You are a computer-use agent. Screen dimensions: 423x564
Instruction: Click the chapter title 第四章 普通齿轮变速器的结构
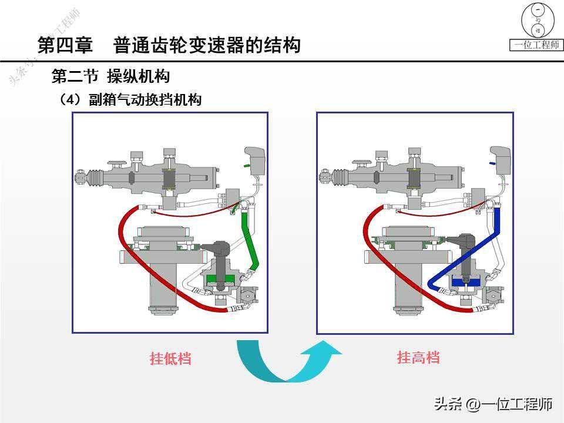(169, 45)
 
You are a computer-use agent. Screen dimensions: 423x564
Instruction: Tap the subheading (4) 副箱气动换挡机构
(130, 99)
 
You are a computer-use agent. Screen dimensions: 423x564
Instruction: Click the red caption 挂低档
(170, 358)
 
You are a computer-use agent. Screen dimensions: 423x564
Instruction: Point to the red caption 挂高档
(418, 357)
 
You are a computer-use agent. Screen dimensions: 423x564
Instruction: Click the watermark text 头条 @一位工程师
(493, 404)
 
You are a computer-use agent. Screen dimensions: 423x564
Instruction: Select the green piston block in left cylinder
(220, 278)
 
